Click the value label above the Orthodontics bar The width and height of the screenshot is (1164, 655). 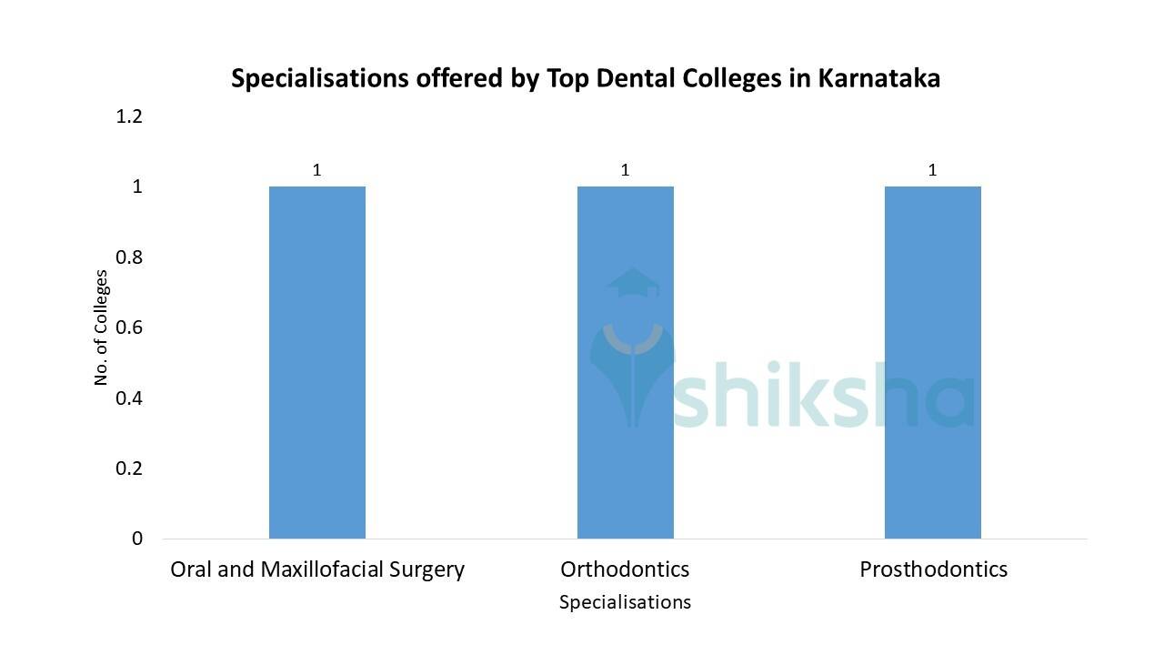pyautogui.click(x=625, y=170)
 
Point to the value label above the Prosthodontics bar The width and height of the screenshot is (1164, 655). pyautogui.click(x=932, y=170)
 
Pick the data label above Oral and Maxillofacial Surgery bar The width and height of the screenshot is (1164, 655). pyautogui.click(x=317, y=170)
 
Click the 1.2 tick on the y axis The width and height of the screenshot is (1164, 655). pyautogui.click(x=129, y=116)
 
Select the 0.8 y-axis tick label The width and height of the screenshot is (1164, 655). pyautogui.click(x=129, y=257)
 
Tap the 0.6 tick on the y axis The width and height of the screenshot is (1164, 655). pyautogui.click(x=129, y=327)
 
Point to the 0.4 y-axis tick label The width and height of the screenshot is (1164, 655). pyautogui.click(x=129, y=398)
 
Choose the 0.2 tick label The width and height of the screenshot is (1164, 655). pyautogui.click(x=129, y=469)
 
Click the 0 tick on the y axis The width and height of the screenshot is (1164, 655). pyautogui.click(x=137, y=539)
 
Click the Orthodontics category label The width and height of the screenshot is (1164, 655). pyautogui.click(x=625, y=569)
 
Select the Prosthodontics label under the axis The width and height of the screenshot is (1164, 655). pyautogui.click(x=933, y=569)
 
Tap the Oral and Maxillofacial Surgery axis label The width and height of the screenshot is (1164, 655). pyautogui.click(x=317, y=570)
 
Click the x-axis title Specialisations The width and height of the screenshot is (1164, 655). pyautogui.click(x=625, y=602)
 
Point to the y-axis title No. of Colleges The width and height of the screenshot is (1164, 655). pyautogui.click(x=101, y=327)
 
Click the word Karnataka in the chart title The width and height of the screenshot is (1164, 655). pyautogui.click(x=878, y=78)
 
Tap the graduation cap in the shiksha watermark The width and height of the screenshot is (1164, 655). pyautogui.click(x=633, y=283)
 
